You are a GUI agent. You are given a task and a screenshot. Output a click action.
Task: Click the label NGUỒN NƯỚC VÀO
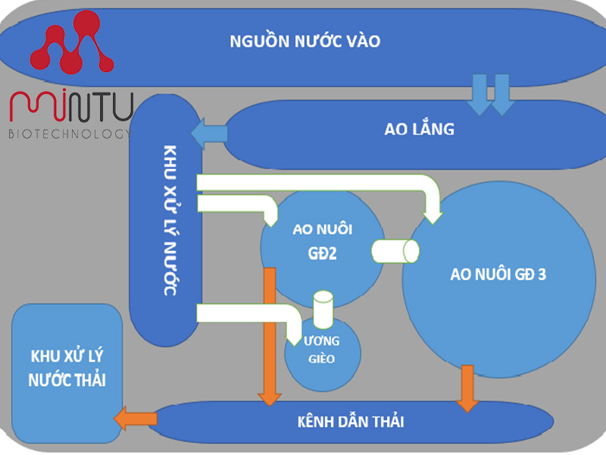(x=305, y=41)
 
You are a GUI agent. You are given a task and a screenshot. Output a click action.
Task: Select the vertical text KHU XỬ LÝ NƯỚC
(x=168, y=220)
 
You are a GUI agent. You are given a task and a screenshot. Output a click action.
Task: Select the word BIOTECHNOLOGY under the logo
(x=70, y=133)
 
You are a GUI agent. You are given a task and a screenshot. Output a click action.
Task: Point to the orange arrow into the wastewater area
(x=134, y=416)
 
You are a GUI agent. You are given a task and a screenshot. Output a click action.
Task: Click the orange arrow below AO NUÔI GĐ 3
(x=467, y=388)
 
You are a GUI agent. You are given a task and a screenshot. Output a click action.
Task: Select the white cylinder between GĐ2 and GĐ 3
(x=395, y=250)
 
